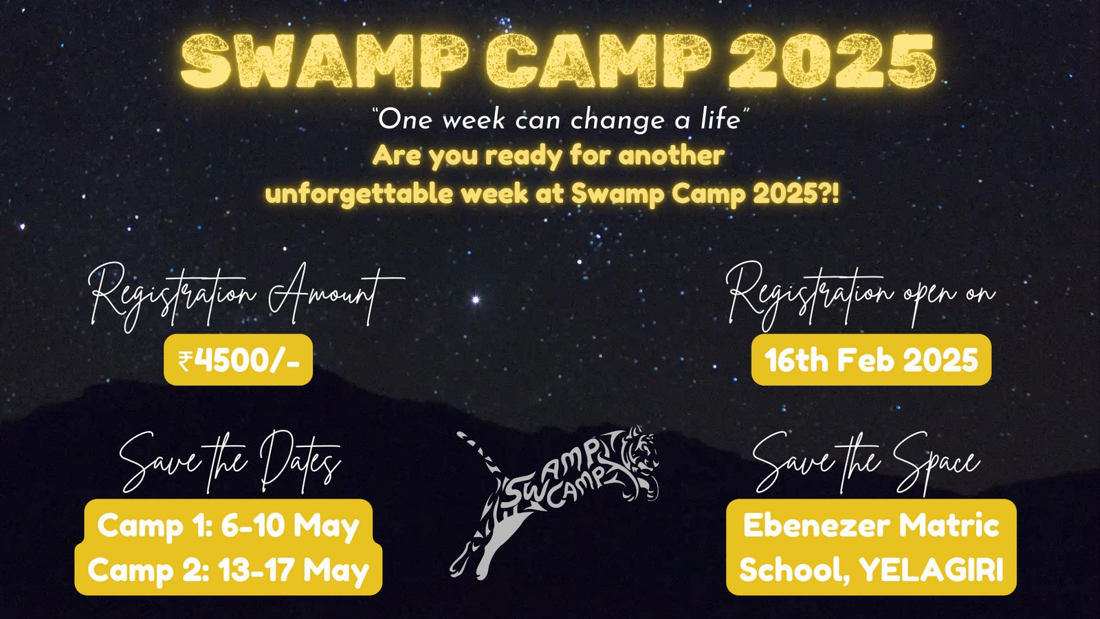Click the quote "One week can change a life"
[560, 120]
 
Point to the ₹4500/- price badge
[238, 360]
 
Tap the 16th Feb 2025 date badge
[871, 360]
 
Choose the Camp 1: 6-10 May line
[228, 526]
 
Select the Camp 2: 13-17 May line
[228, 570]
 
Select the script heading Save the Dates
[230, 461]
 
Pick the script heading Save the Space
[866, 461]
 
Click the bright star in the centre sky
[475, 299]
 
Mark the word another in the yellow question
[671, 156]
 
